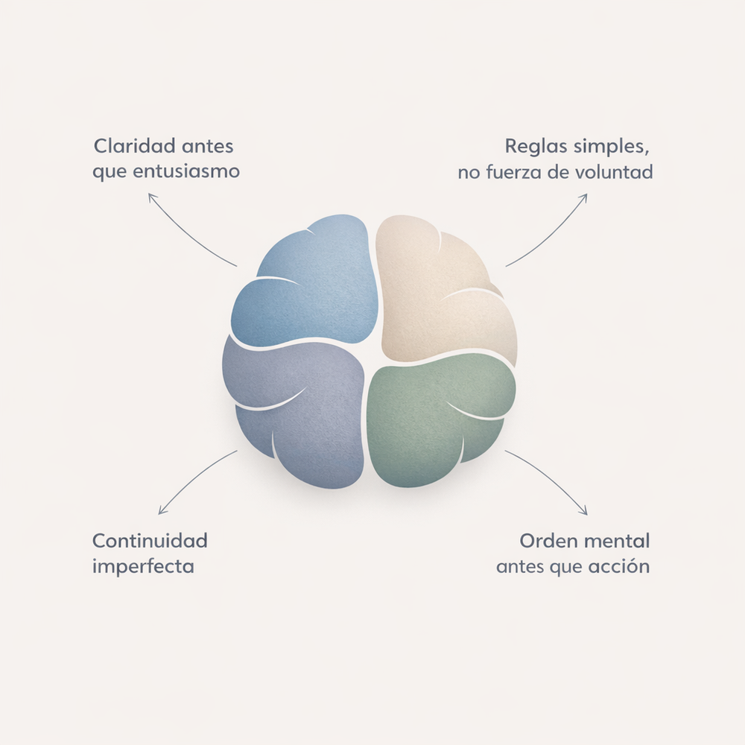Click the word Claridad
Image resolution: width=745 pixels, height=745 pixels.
point(134,146)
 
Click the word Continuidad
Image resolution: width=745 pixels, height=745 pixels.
point(150,541)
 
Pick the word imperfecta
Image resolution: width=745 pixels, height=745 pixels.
point(143,567)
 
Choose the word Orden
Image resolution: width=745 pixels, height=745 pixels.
point(550,541)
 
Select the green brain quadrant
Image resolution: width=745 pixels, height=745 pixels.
point(440,420)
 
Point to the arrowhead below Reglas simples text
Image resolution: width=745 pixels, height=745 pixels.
point(583,197)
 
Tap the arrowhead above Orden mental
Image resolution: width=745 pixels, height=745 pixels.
point(583,511)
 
